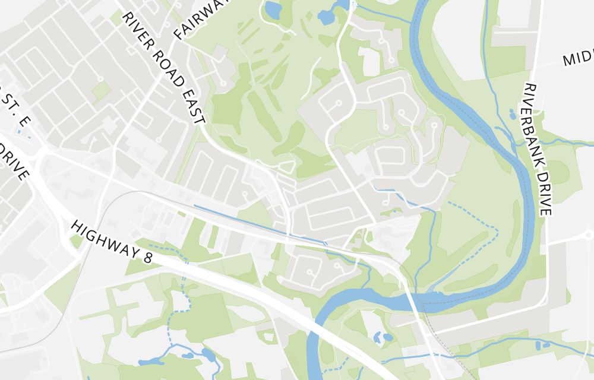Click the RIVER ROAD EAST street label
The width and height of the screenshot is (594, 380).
[163, 67]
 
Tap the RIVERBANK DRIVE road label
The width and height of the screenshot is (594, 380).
[538, 149]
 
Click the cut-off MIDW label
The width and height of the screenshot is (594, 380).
[578, 58]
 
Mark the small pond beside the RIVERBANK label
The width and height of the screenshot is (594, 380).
[513, 114]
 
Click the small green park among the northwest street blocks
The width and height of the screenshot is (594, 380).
[101, 91]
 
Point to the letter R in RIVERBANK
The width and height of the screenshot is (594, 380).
[528, 88]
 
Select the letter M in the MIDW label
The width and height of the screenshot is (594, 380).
[568, 61]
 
